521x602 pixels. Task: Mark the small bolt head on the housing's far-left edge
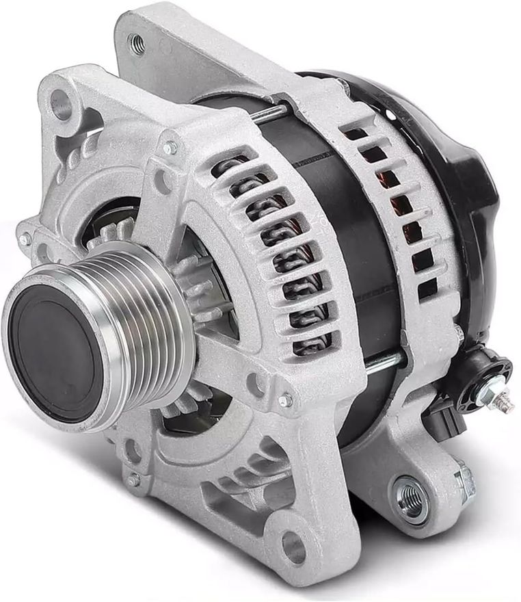pos(25,239)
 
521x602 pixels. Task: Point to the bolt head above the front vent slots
pos(169,148)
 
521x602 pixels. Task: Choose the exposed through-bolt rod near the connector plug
pos(383,363)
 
